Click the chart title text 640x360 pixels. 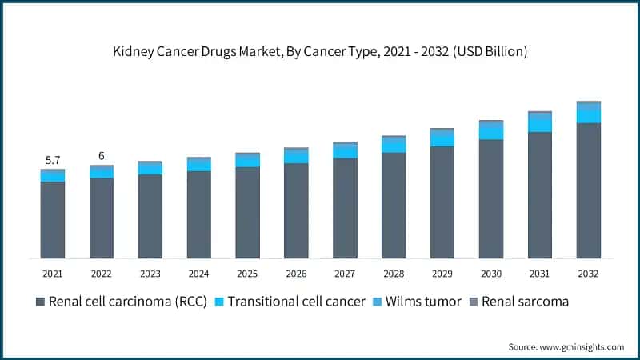(x=320, y=51)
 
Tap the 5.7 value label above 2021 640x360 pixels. (x=52, y=160)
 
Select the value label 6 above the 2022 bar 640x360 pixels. (x=102, y=156)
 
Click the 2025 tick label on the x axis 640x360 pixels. (x=247, y=274)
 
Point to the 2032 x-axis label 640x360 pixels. (x=588, y=274)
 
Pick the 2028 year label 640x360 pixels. (x=394, y=274)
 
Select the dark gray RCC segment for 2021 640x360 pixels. (x=52, y=220)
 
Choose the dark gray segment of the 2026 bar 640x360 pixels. (x=296, y=210)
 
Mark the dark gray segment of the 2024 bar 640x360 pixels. (x=198, y=214)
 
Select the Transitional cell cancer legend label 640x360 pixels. (x=297, y=302)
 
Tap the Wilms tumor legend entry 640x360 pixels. (x=425, y=302)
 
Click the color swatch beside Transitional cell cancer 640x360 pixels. (x=219, y=302)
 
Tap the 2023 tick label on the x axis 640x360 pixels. (x=150, y=274)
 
